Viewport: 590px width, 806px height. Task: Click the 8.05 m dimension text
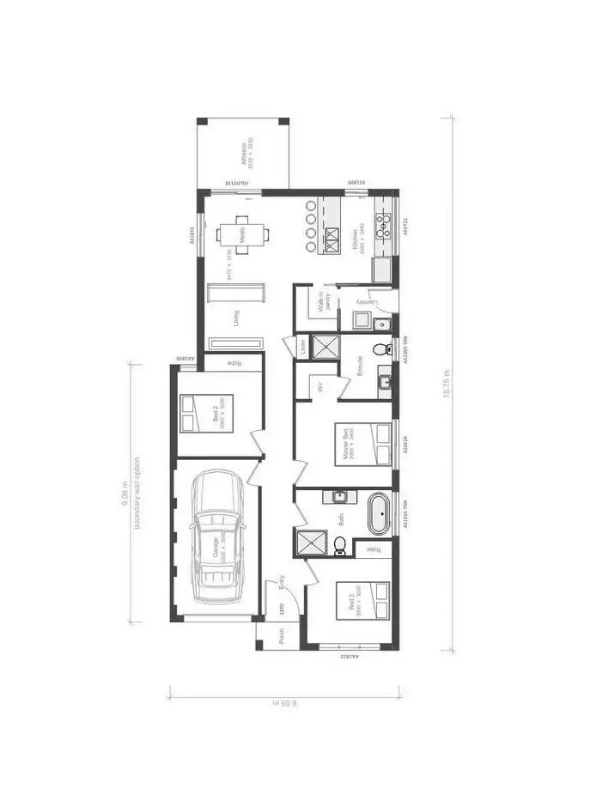click(x=283, y=703)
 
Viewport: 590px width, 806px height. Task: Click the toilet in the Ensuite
click(x=383, y=349)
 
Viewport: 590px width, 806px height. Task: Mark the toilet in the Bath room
click(x=340, y=544)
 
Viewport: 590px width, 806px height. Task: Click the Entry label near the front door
click(x=283, y=585)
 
